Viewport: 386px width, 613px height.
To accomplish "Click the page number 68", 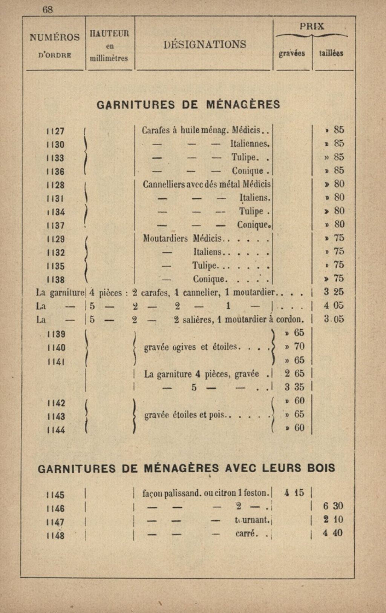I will (48, 9).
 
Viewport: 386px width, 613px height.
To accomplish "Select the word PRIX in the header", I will (312, 26).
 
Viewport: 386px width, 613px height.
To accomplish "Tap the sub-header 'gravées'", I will (292, 53).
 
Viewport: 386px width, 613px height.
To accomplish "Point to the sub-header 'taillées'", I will (331, 53).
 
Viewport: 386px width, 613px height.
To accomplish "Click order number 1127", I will (55, 131).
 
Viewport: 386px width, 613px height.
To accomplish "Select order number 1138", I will (55, 280).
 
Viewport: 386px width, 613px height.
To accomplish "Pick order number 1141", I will (55, 361).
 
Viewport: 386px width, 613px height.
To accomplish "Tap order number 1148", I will (55, 535).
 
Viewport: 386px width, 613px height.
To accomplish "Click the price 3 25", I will (334, 292).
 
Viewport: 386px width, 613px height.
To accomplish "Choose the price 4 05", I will (334, 305).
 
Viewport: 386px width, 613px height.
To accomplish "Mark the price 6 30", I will (333, 506).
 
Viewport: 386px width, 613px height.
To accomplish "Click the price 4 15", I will (294, 493).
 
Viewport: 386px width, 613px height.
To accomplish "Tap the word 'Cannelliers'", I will (163, 184).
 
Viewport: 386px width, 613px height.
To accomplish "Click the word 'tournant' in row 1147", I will (252, 520).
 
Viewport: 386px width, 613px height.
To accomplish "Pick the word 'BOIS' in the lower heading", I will (321, 469).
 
